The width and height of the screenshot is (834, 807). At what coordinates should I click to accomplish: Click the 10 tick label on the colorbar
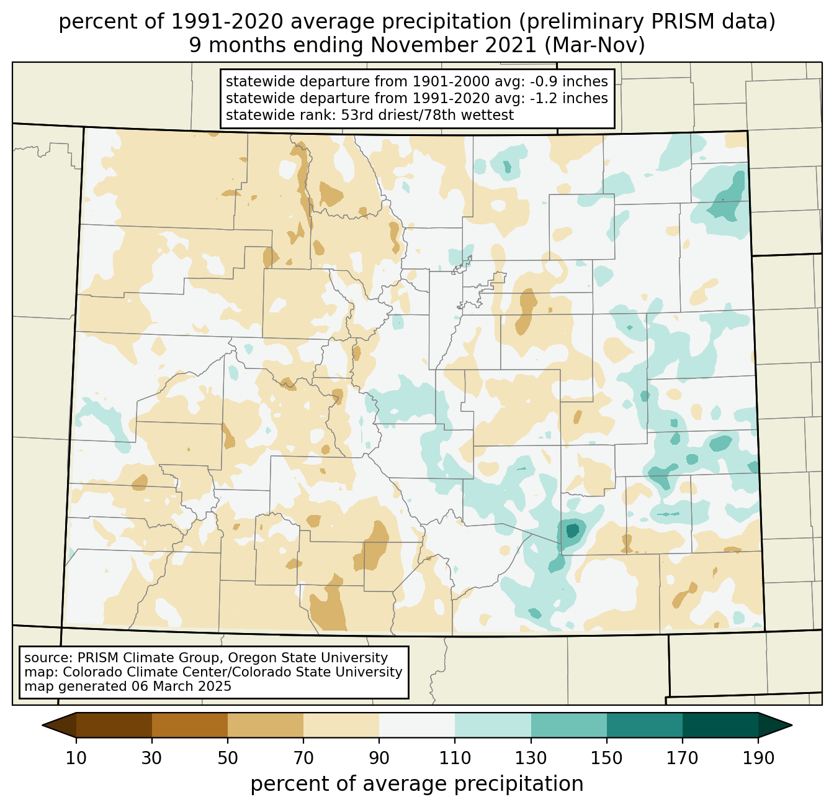click(76, 759)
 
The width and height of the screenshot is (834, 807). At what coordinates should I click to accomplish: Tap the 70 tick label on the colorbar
click(303, 759)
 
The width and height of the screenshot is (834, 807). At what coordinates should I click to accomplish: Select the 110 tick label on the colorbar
click(455, 759)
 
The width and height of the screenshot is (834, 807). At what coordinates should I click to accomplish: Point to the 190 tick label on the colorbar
click(758, 759)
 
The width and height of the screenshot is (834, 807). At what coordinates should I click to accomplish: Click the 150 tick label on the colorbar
click(607, 759)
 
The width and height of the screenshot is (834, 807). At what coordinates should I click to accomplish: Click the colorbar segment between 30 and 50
click(190, 725)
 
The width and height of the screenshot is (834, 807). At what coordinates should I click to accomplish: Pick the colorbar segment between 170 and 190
click(720, 725)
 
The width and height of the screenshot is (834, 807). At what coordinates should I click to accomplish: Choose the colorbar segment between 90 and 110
click(417, 725)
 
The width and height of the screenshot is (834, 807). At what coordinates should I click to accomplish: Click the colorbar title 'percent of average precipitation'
click(417, 784)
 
